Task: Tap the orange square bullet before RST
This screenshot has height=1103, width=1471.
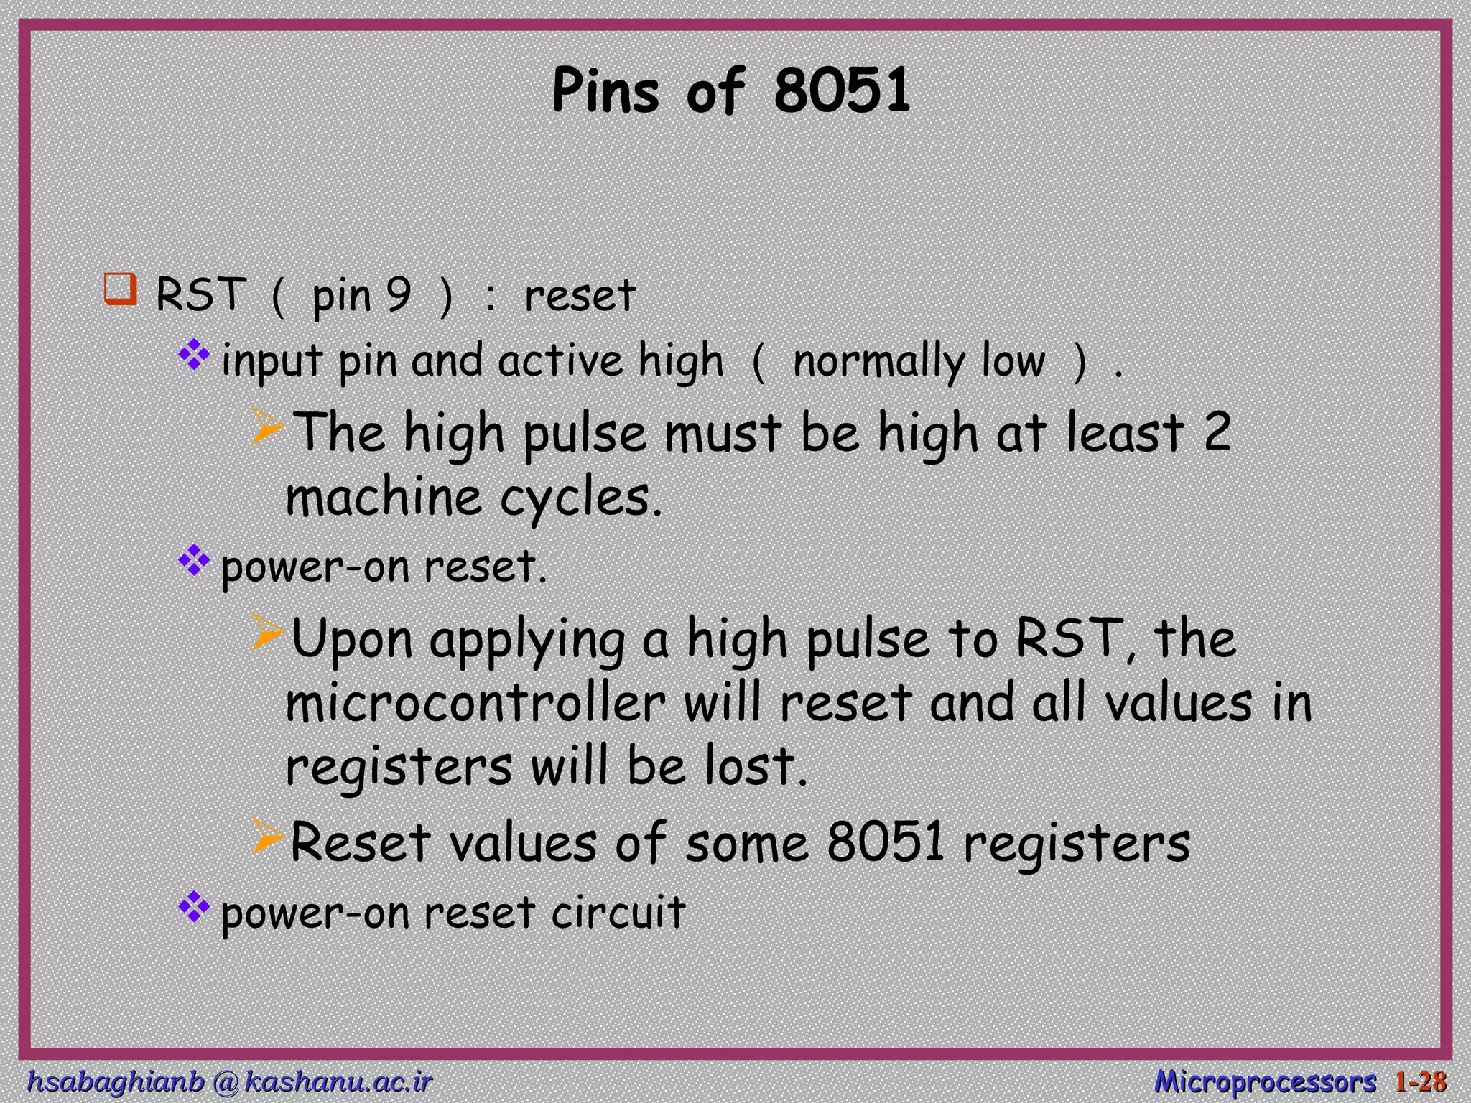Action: (120, 290)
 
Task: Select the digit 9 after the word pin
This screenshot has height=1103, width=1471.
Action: (399, 294)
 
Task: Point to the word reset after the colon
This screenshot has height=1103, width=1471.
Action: (580, 295)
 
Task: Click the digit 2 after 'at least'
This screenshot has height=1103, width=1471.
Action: (1217, 432)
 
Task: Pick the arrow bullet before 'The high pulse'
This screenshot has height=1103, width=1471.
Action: (269, 428)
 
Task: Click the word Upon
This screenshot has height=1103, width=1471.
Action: (352, 638)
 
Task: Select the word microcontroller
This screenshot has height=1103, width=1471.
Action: (475, 703)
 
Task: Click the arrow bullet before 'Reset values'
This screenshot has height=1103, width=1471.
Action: (269, 838)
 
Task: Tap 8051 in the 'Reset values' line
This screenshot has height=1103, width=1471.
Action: (885, 842)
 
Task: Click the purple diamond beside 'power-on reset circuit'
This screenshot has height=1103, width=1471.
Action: (193, 908)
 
